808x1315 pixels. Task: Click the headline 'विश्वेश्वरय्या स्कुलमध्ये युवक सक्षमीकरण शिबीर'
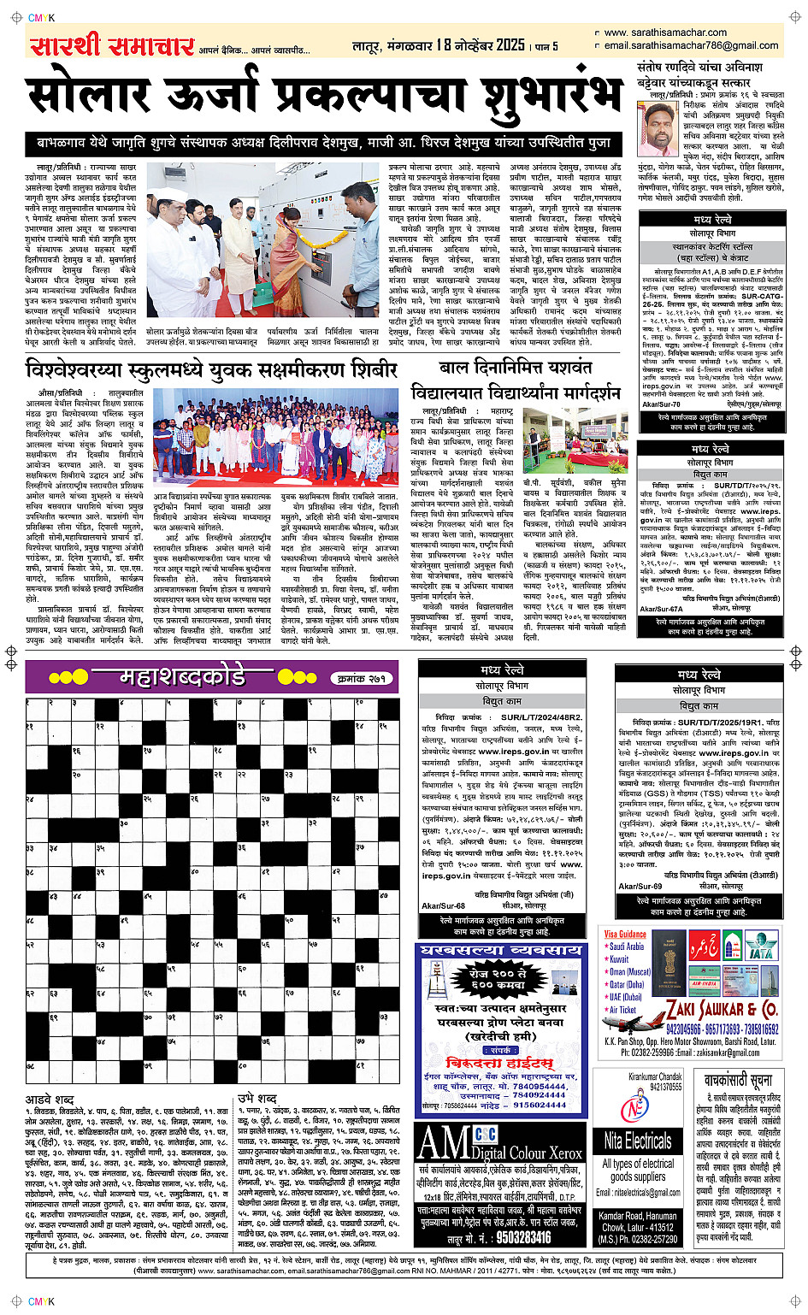[212, 369]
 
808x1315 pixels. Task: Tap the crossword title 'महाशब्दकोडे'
[182, 678]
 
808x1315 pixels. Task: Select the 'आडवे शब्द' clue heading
[50, 1098]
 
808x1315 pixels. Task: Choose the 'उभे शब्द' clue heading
[257, 1097]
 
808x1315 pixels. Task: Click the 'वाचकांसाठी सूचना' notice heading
[737, 1080]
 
